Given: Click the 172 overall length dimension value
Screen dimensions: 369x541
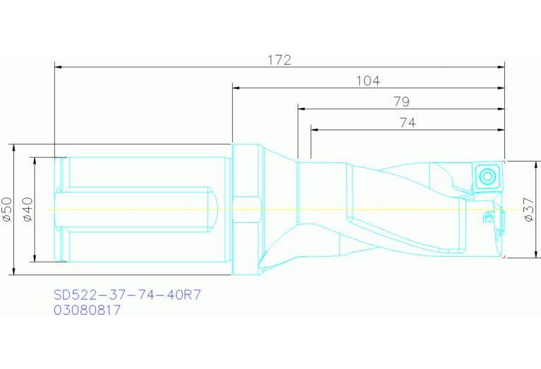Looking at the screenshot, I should (x=279, y=60).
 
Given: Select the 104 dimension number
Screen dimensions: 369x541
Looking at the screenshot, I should (x=367, y=81).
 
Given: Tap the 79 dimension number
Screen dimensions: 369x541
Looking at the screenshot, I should (x=401, y=102).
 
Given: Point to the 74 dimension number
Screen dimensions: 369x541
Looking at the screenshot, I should (x=407, y=123).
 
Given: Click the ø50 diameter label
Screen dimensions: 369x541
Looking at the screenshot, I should (x=7, y=210).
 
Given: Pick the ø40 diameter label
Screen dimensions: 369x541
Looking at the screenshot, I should (x=28, y=210).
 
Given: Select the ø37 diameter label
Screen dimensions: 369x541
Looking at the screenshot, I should (x=530, y=210).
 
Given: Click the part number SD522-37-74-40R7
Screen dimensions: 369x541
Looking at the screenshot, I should (x=128, y=294).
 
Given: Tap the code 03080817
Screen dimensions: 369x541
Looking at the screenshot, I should (x=87, y=309).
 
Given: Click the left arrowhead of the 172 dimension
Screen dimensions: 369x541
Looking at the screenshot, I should (x=59, y=67).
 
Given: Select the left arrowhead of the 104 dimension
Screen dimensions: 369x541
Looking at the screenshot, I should (x=236, y=88).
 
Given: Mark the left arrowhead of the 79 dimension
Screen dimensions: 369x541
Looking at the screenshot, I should (x=301, y=109).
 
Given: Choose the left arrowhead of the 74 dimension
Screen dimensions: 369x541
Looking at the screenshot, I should (x=315, y=130).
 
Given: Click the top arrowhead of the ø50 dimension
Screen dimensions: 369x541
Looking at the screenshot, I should (x=13, y=147).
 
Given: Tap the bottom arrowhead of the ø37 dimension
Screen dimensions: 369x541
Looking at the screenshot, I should (x=537, y=255).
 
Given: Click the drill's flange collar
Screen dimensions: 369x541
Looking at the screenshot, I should (x=246, y=210).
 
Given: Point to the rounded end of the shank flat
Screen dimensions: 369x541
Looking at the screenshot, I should (x=210, y=209).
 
